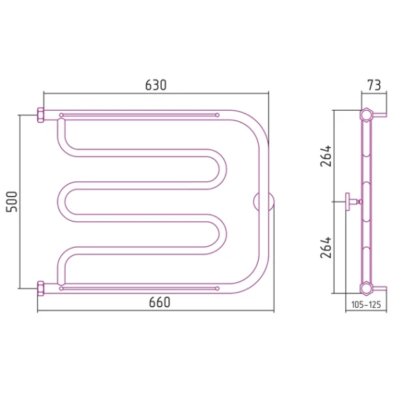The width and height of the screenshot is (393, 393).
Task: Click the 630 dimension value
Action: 156,85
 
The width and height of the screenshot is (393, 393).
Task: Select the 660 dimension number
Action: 159,302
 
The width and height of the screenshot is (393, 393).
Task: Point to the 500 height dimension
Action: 12,202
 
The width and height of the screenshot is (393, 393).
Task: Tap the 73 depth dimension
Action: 374,85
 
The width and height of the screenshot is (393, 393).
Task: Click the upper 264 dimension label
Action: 326,156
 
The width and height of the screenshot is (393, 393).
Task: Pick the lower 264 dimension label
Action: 326,248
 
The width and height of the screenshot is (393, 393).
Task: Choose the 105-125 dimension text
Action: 366,304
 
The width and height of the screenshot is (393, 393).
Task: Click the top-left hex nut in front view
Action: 41,115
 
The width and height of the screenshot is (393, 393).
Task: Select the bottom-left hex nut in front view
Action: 41,289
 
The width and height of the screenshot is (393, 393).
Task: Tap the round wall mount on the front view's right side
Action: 264,202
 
